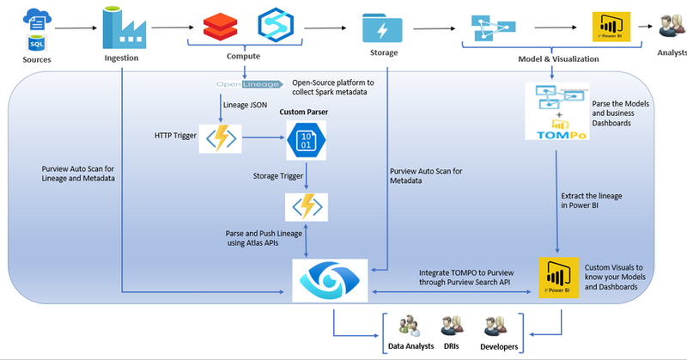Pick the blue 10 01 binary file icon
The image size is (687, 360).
click(305, 137)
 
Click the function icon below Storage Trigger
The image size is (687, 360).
click(306, 206)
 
